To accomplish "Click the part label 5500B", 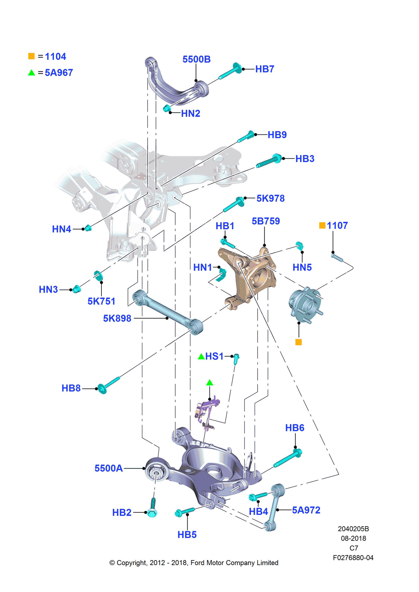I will coord(197,59).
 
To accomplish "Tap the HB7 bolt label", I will coord(265,69).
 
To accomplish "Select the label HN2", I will coord(191,114).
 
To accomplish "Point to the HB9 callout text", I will coord(277,135).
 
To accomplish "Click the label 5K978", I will coord(271,199).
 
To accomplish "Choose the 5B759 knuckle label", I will coord(266,221).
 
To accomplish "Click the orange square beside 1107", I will coord(322,226).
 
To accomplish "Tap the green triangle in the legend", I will coord(32,73).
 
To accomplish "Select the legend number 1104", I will coord(56,57).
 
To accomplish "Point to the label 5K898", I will coord(117,319).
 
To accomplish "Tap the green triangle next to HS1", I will coord(201,357).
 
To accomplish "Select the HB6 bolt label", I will coord(295,428).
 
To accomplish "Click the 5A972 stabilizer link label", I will coord(306,510).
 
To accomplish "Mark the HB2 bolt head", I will coord(152,513).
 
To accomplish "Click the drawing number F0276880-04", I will coord(353,558).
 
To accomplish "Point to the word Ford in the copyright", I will coord(198,563).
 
